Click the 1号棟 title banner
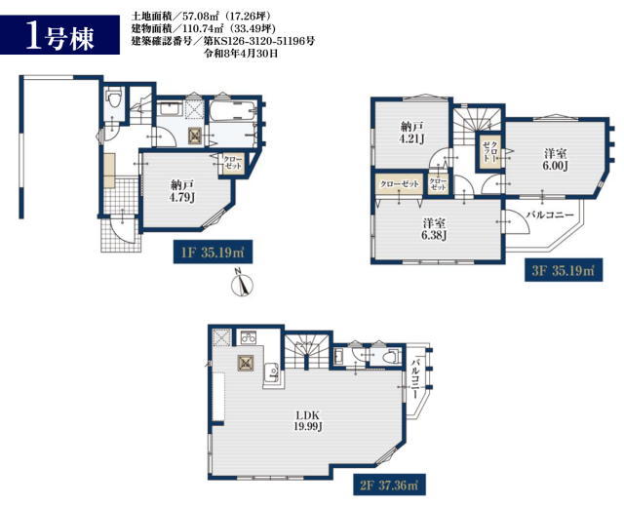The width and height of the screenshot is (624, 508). click(x=59, y=35)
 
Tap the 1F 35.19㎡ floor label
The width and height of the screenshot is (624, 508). click(x=213, y=252)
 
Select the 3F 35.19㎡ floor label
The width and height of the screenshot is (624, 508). click(x=564, y=270)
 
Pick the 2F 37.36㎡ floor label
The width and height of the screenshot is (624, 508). click(x=389, y=485)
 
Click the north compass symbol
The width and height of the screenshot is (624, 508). click(x=242, y=284)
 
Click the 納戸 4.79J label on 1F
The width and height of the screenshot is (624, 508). click(x=182, y=191)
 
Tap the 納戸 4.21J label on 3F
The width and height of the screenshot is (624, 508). click(x=411, y=133)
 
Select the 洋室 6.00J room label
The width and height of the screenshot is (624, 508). click(x=555, y=159)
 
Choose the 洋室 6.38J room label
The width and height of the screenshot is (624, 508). click(x=434, y=229)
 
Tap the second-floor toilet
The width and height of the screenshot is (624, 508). click(x=391, y=357)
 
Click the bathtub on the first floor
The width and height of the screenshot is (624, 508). click(x=232, y=111)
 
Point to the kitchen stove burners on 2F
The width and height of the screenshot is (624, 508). click(x=249, y=338)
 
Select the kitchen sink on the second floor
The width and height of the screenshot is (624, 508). click(x=273, y=371)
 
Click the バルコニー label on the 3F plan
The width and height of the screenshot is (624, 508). click(x=550, y=215)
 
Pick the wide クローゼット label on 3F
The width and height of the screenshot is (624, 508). click(x=399, y=184)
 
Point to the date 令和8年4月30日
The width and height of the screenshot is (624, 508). click(x=241, y=53)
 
